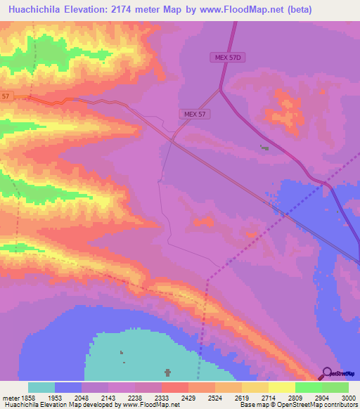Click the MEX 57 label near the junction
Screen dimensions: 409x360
click(x=193, y=113)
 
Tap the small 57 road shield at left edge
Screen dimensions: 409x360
click(x=6, y=96)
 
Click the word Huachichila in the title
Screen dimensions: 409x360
click(x=35, y=10)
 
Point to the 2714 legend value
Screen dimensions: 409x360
click(x=255, y=397)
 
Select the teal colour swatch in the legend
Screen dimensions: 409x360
click(x=41, y=387)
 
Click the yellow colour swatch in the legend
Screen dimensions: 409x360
click(x=282, y=387)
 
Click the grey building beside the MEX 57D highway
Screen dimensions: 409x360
click(x=264, y=147)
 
